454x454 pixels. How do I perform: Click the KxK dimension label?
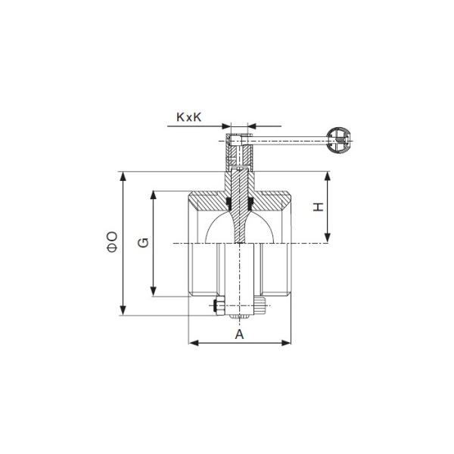188,117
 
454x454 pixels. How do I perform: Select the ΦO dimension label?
112,241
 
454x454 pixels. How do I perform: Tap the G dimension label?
143,243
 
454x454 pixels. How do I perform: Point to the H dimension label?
319,207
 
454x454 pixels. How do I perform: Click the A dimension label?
239,334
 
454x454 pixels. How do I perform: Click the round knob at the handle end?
338,140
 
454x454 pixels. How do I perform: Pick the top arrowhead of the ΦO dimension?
123,176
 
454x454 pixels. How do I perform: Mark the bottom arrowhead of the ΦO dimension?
123,310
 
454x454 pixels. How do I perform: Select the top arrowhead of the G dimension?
154,195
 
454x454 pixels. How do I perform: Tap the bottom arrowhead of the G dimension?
154,291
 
